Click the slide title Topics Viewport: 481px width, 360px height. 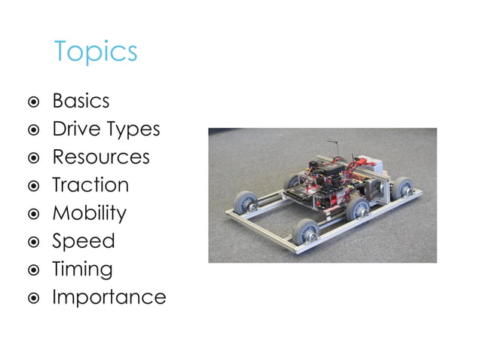96,52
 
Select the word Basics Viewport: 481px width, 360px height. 81,101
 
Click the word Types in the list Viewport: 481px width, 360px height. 133,130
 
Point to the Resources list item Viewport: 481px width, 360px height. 100,157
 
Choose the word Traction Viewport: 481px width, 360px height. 90,185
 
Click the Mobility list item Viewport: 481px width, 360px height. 89,213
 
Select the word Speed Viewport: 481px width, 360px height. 83,242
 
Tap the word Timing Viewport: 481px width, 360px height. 82,270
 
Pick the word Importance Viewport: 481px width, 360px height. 109,297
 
